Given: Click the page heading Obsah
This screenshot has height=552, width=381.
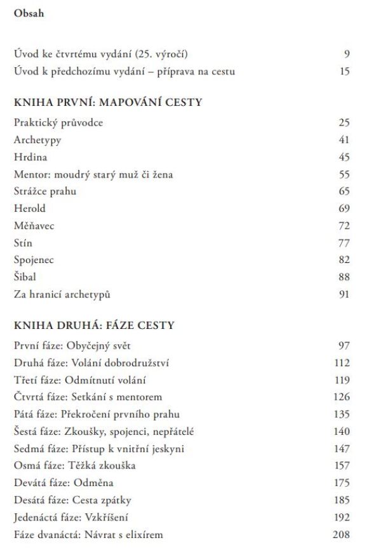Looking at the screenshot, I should (29, 14).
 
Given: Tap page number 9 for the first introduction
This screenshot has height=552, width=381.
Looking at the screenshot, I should (347, 54).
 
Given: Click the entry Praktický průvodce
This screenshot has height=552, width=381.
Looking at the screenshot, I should (58, 122).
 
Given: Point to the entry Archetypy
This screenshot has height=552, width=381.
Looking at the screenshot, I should (37, 139).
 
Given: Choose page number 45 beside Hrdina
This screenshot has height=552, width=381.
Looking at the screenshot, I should (344, 157).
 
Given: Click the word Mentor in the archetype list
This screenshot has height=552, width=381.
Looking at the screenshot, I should (30, 174).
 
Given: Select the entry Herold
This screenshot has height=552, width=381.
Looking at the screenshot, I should (30, 208).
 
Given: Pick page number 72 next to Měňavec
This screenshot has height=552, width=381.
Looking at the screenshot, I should (344, 225).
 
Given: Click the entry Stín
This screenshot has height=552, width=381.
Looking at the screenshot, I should (23, 242).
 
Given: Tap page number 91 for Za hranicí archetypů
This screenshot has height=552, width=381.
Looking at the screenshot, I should (344, 293).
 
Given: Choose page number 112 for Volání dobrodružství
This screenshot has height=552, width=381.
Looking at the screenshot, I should (342, 363).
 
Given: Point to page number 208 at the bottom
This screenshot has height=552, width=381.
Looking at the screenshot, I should (341, 534).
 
